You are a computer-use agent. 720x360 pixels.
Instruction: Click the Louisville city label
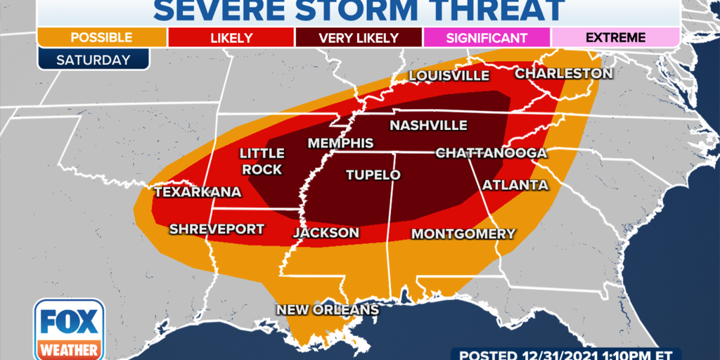click(x=449, y=75)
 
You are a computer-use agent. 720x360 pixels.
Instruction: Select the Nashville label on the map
click(x=428, y=125)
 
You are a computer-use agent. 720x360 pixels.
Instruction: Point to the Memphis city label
click(x=341, y=143)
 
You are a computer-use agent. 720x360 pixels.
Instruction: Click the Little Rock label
click(x=262, y=161)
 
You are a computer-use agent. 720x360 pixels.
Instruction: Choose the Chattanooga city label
click(x=491, y=153)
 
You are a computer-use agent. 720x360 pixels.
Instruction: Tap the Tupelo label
click(x=373, y=175)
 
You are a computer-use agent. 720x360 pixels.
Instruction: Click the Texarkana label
click(x=198, y=191)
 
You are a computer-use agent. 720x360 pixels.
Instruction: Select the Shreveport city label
click(x=217, y=229)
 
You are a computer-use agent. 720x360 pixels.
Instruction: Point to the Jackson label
click(x=326, y=233)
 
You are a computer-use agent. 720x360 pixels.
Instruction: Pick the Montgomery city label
click(x=463, y=233)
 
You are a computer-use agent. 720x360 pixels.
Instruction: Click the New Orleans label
click(x=327, y=309)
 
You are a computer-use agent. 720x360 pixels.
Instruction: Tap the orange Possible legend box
click(x=103, y=37)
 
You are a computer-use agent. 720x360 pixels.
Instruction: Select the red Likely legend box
click(x=231, y=37)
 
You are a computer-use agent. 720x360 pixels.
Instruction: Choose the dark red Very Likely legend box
click(x=359, y=37)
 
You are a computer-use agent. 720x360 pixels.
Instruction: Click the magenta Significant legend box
click(x=487, y=37)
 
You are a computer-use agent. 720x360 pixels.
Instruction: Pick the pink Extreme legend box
click(x=615, y=37)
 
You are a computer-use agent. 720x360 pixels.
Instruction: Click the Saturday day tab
click(x=94, y=60)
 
